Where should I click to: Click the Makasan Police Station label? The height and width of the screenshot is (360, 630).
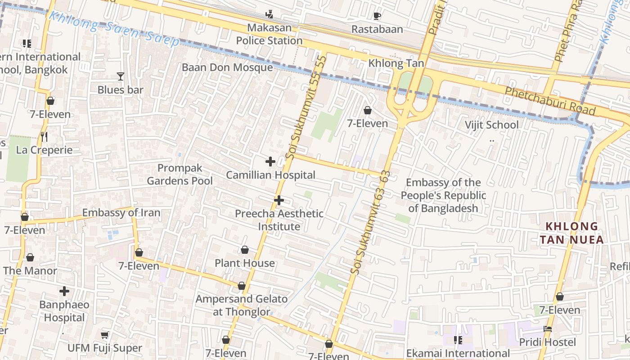tap(269, 34)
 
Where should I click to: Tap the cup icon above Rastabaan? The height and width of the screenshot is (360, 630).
tap(377, 16)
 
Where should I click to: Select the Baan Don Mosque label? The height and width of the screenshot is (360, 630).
tap(227, 67)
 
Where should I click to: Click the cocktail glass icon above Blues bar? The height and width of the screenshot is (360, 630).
tap(120, 76)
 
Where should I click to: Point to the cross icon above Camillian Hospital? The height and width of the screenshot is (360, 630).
tap(270, 162)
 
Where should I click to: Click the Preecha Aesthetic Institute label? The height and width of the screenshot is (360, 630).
tap(279, 220)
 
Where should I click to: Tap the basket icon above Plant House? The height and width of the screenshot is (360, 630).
tap(245, 250)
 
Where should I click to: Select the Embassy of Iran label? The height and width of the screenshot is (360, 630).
tap(121, 212)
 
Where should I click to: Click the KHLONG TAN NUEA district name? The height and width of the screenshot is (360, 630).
tap(571, 233)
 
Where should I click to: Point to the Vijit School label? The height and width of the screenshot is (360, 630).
tap(491, 125)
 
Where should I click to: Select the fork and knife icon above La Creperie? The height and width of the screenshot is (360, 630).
tap(44, 137)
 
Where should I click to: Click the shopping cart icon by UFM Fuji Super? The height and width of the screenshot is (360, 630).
tap(105, 335)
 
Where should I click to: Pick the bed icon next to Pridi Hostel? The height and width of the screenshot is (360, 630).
tap(548, 329)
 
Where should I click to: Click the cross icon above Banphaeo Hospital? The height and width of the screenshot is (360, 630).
tap(64, 291)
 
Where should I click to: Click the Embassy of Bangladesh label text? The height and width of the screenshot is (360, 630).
tap(443, 195)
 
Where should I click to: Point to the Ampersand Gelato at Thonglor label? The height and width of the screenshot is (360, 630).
tap(242, 305)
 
